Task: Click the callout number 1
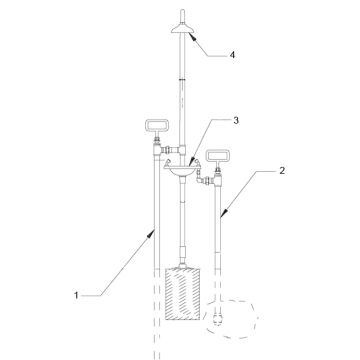pos(76,295)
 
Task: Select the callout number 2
pos(282,171)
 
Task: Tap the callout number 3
pos(236,121)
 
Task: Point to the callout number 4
pos(232,55)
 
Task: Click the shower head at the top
pos(182,29)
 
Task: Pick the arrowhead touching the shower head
pos(193,37)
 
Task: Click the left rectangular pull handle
pos(157,125)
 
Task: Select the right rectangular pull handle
pos(218,156)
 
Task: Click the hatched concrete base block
pos(183,293)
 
